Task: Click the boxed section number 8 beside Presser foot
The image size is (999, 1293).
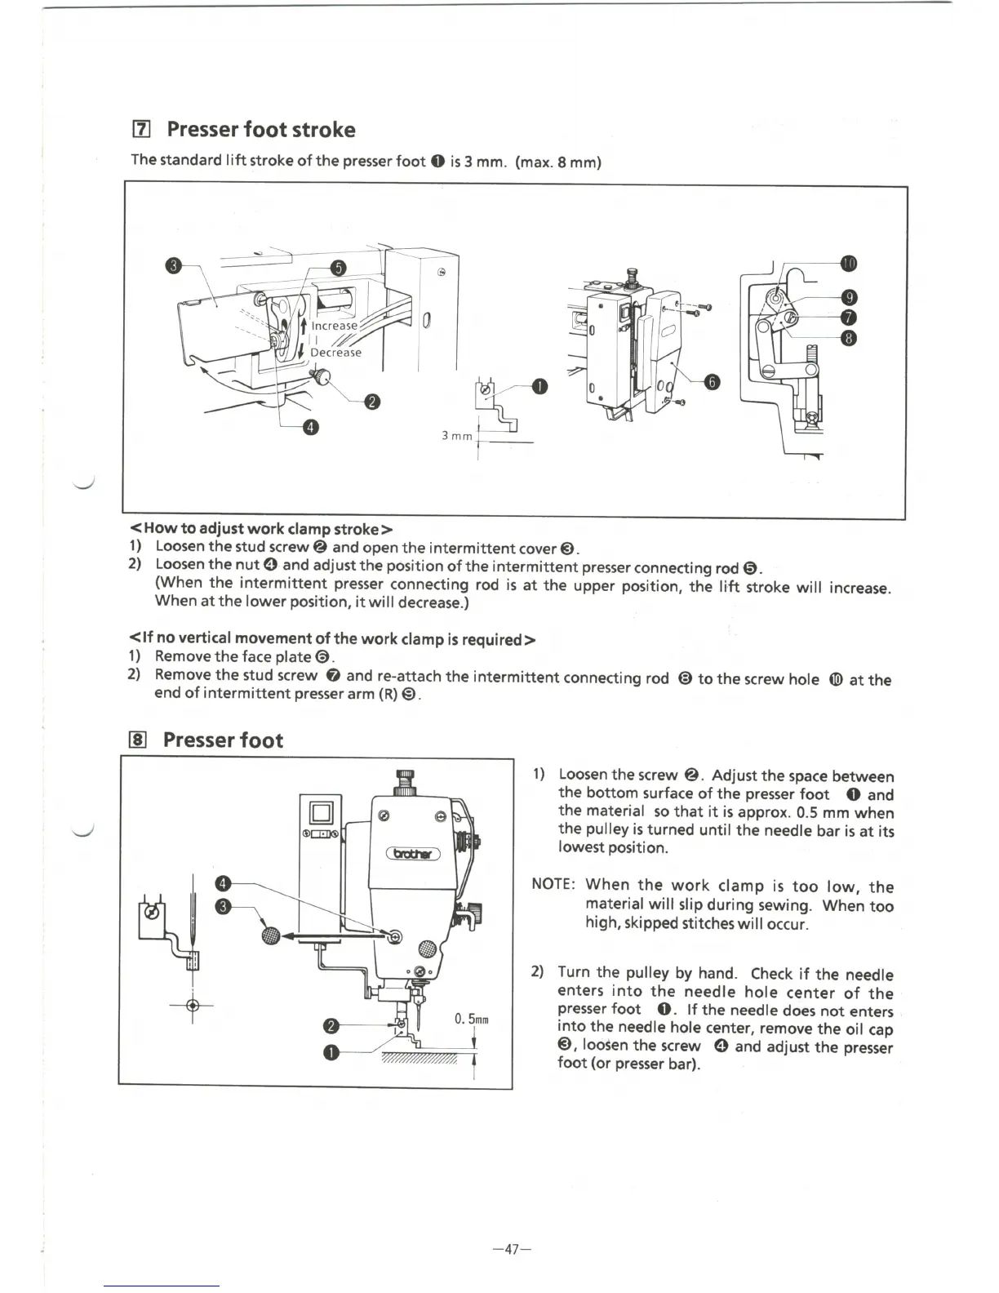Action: point(139,740)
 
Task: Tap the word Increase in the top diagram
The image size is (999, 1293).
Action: point(335,325)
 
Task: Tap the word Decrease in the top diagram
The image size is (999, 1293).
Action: point(335,353)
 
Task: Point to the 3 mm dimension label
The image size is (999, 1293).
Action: point(457,436)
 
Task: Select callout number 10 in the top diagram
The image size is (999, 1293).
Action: point(850,263)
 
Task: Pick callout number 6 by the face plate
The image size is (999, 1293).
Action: point(712,383)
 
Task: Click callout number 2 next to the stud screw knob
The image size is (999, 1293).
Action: point(371,401)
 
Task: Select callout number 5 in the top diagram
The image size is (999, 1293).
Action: point(338,269)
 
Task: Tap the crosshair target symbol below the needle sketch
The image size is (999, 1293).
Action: point(193,1005)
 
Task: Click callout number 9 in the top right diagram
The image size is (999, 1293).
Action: point(849,298)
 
